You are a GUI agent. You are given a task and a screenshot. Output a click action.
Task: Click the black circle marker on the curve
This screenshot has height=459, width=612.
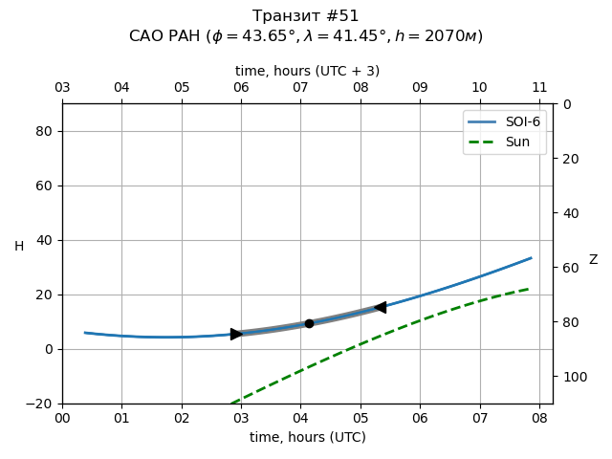pos(309,323)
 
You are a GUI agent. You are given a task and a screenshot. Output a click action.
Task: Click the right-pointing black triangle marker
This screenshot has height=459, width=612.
pos(236,334)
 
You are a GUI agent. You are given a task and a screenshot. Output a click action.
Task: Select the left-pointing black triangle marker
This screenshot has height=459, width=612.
pos(380,307)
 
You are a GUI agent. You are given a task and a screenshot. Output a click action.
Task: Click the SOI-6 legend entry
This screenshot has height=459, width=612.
pos(505,123)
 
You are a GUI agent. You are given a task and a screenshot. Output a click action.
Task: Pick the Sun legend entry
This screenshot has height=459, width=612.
pos(505,142)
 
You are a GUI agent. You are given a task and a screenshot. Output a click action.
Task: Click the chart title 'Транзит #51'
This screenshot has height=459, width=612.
pos(306,16)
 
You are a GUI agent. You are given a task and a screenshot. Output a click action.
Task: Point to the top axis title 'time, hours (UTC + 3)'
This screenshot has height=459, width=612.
pos(307,71)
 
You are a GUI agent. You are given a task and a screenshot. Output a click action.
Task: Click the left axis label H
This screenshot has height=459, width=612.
pos(19,247)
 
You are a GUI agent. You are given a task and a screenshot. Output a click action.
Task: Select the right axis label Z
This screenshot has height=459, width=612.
pos(593,259)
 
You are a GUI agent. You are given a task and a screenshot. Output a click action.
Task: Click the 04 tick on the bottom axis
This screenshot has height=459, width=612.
pos(300,417)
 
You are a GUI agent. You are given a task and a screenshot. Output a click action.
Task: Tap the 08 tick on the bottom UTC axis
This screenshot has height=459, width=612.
pos(539,417)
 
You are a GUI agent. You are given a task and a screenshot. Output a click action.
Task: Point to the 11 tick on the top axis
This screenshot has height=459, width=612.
pos(539,88)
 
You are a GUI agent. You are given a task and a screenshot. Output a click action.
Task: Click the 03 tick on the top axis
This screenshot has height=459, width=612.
pos(62,88)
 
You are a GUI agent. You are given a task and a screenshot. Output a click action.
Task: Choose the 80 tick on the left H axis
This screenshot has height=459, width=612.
pos(43,131)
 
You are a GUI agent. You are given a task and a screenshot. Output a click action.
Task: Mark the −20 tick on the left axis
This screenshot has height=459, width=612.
pos(39,404)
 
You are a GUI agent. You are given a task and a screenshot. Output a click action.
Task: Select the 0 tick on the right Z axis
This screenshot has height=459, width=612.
pos(567,104)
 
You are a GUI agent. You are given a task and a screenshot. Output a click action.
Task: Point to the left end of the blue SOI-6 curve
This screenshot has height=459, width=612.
pos(85,333)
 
